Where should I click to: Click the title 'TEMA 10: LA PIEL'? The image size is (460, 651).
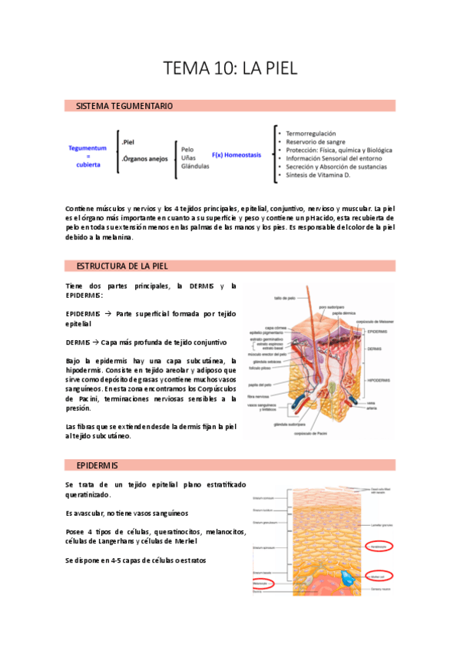click(x=230, y=68)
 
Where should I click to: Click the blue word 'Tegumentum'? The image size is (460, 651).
click(x=88, y=147)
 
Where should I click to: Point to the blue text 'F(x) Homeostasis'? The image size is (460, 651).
click(x=237, y=154)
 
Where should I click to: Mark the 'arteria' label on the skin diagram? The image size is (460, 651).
click(x=372, y=408)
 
